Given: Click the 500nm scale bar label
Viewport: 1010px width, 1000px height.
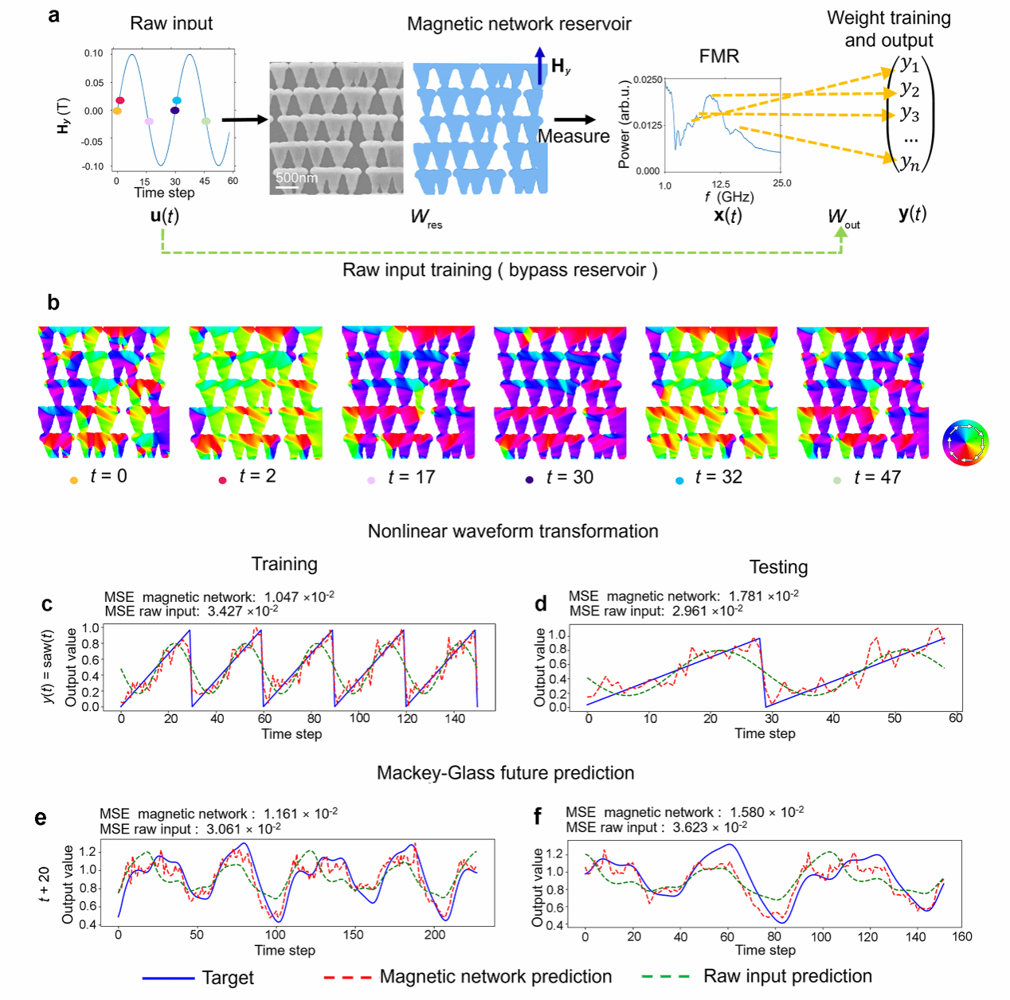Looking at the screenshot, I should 296,178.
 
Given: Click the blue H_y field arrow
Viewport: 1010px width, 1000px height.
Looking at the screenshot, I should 540,64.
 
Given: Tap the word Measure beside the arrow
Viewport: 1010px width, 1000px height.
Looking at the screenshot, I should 573,136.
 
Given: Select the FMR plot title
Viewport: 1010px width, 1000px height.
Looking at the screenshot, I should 718,57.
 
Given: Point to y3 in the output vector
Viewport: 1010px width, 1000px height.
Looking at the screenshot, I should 910,113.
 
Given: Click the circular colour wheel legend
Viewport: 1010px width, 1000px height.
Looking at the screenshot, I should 965,443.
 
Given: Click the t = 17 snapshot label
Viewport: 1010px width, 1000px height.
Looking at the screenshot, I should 411,477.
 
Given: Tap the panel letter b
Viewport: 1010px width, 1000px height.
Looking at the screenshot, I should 53,303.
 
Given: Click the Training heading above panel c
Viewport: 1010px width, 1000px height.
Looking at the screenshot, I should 284,564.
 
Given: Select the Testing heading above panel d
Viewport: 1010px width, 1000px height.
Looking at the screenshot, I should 778,567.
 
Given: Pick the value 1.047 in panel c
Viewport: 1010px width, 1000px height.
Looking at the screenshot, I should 280,597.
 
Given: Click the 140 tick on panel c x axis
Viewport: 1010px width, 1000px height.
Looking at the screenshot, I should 455,718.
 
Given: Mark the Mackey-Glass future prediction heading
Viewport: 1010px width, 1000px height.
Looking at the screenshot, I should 505,773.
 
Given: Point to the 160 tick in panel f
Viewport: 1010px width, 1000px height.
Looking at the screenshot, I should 962,936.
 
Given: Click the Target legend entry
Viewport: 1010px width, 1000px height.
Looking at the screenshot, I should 227,978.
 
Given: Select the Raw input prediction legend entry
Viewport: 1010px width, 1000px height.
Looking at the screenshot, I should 787,976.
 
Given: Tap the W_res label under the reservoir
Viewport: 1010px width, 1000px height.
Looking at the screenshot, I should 425,217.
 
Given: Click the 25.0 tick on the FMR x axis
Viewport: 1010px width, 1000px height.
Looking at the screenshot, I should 782,183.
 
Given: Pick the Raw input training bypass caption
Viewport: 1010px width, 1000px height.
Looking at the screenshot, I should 499,270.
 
